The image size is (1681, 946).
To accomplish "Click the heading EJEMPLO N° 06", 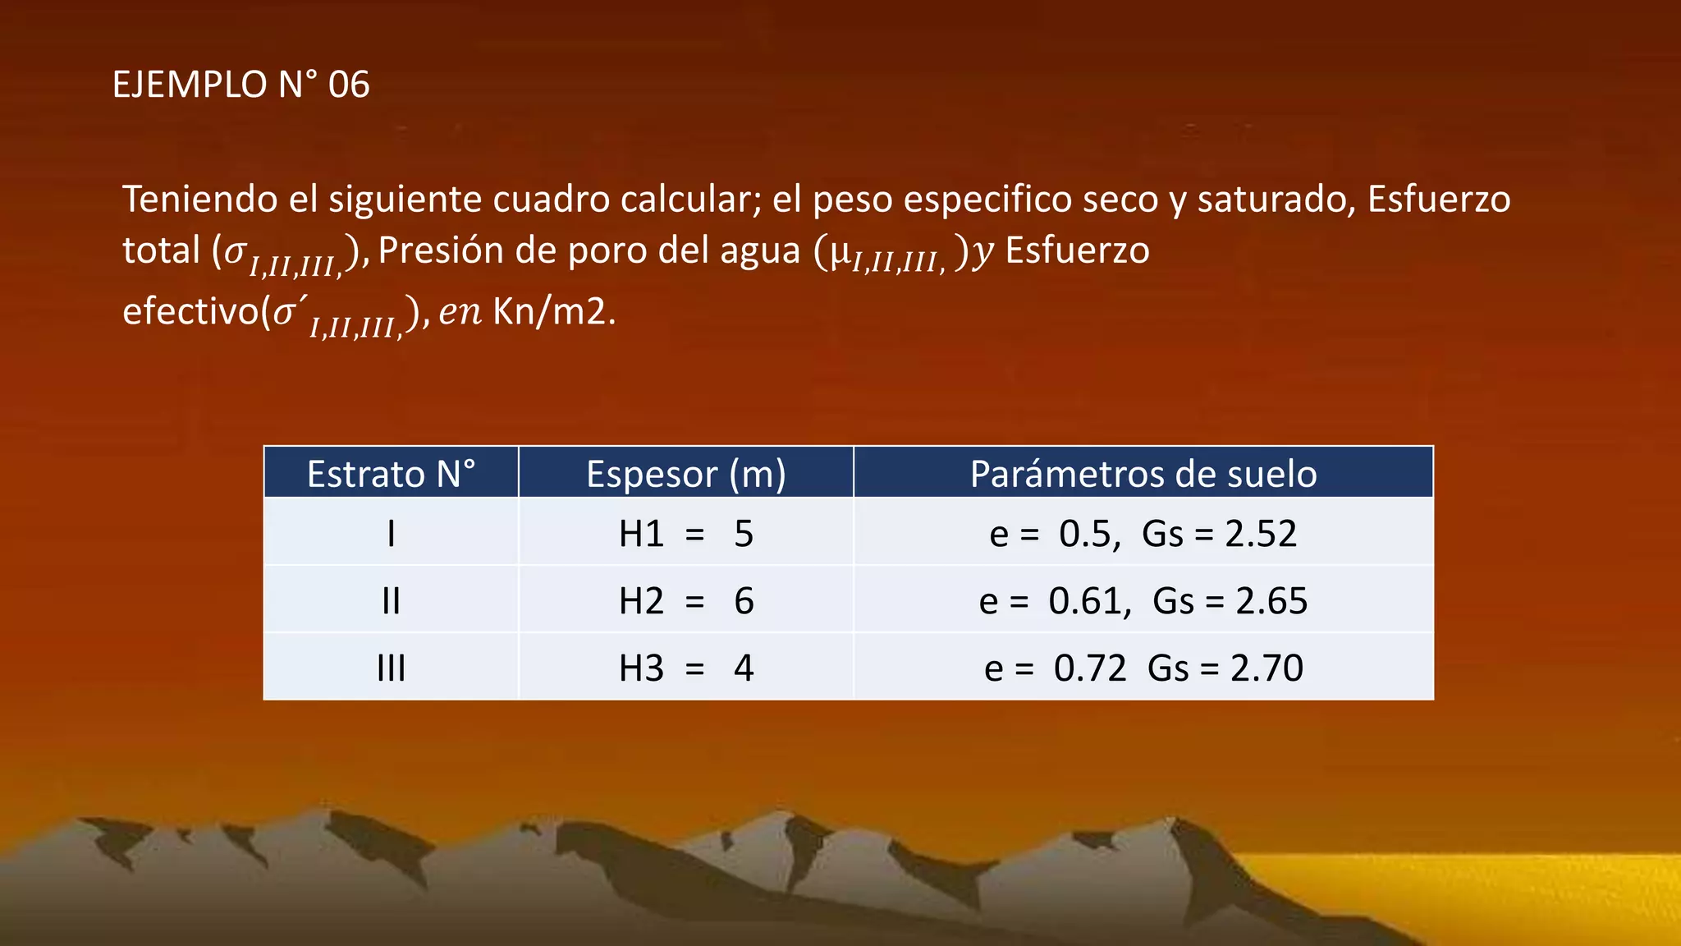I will (240, 85).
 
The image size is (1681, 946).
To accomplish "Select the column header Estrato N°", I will (391, 474).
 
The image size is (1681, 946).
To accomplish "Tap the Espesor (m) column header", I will (686, 474).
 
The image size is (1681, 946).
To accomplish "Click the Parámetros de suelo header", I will (1143, 474).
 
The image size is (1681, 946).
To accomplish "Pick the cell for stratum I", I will (391, 534).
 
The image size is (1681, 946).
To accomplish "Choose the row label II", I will (391, 601).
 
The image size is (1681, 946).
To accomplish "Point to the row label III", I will (391, 668).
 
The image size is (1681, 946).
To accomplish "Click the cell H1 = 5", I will (686, 534).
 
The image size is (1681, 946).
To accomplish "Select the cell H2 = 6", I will (686, 601).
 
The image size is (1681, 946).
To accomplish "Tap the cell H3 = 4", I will (686, 668).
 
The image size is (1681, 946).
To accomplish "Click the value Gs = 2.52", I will (1219, 534).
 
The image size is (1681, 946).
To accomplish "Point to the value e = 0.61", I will (1055, 601).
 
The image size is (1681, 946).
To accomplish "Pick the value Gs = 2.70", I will (1225, 668).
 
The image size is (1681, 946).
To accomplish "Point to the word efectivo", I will (190, 312).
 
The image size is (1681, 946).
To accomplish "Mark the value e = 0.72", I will (1055, 668).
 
